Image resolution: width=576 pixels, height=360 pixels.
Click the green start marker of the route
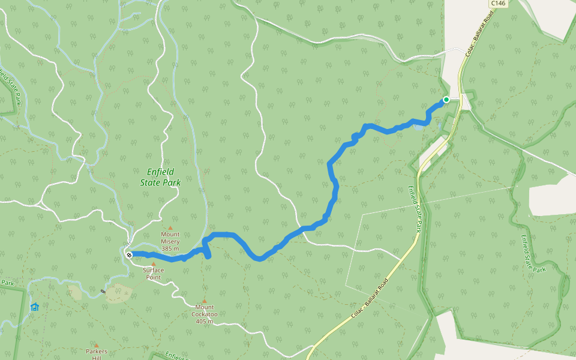tap(446, 100)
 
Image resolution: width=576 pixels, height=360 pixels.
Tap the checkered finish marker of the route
tap(129, 255)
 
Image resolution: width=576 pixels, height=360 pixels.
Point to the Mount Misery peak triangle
tap(170, 228)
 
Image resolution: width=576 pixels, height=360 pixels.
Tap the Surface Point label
tap(153, 274)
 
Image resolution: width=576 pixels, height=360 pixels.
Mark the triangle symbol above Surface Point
tap(153, 264)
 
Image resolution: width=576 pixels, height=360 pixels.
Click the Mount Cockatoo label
tap(204, 314)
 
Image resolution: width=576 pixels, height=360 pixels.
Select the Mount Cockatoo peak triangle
tap(204, 301)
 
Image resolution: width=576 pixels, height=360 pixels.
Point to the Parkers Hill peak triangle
tap(97, 345)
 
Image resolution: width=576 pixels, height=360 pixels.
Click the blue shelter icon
tap(34, 307)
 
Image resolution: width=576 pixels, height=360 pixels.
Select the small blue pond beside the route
tap(418, 127)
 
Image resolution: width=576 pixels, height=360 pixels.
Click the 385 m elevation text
tap(170, 249)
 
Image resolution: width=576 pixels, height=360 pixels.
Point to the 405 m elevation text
tap(205, 322)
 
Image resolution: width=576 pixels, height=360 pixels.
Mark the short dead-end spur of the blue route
tap(208, 253)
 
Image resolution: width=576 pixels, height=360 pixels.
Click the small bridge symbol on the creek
tap(103, 292)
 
